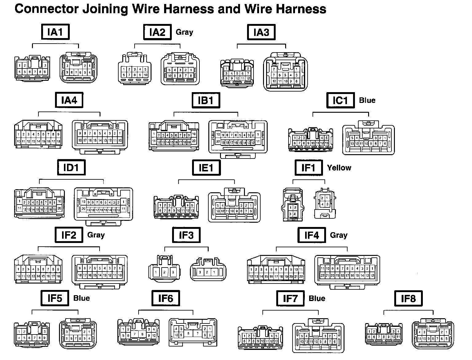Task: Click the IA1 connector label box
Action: [x=55, y=32]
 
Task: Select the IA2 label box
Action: [x=157, y=32]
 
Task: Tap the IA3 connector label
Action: [x=261, y=32]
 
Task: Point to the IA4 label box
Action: [x=69, y=100]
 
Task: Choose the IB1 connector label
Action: [x=206, y=100]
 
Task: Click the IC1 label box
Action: [x=340, y=100]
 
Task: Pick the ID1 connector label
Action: [x=71, y=168]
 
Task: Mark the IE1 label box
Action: [x=206, y=168]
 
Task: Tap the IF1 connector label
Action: [x=308, y=168]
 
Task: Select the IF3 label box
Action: [x=186, y=235]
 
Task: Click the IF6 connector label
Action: [x=166, y=298]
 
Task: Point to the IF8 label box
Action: [x=408, y=298]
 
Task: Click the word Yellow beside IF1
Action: [x=339, y=168]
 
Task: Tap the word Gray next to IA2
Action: [x=184, y=32]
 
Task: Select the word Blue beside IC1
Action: [x=367, y=100]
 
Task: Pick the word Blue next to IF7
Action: [x=317, y=299]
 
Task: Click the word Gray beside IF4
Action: [x=339, y=235]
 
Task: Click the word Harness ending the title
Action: [x=301, y=9]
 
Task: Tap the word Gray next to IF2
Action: [x=96, y=235]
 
